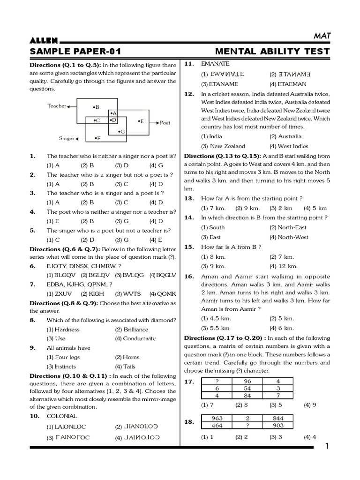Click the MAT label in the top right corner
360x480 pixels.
tap(322, 35)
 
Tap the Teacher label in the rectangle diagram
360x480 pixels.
tap(57, 106)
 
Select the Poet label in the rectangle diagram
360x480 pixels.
tap(165, 123)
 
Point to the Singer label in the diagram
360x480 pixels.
tap(67, 139)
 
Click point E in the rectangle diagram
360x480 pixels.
tap(141, 121)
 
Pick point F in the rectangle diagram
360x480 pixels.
tap(97, 138)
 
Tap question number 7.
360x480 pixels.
tap(33, 284)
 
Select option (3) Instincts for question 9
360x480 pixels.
tap(63, 367)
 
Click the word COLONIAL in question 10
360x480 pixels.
tap(62, 416)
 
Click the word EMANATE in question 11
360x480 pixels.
tap(215, 64)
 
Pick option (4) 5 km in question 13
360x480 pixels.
tap(315, 208)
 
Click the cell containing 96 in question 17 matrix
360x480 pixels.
tap(247, 381)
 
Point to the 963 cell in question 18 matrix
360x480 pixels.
tap(217, 418)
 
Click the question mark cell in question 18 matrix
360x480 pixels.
tap(247, 425)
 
